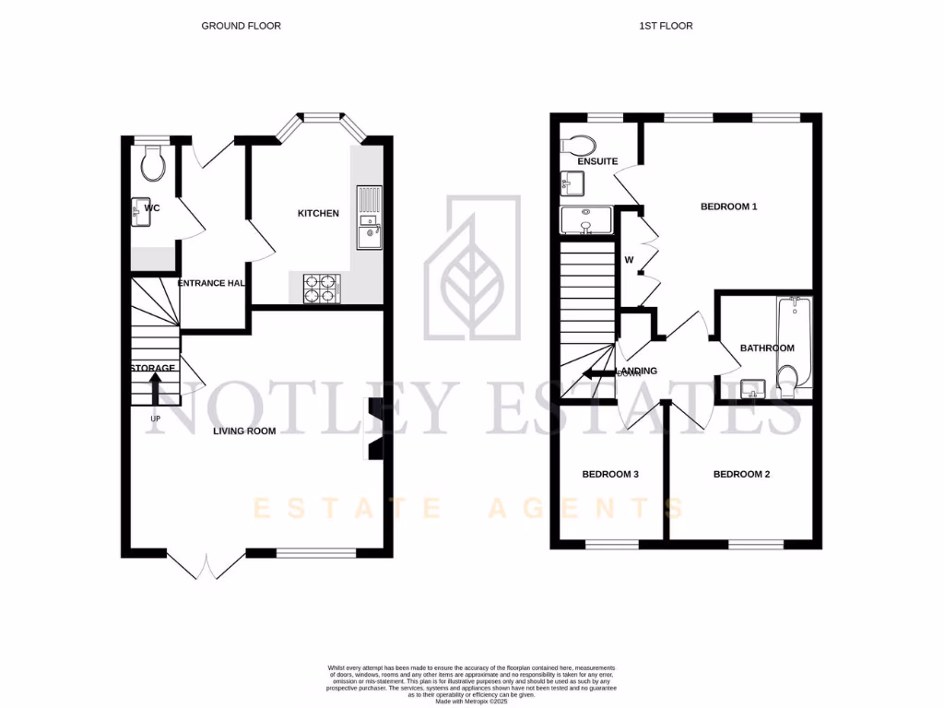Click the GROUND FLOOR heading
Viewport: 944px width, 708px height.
[x=241, y=26]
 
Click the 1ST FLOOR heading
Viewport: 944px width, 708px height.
[x=666, y=26]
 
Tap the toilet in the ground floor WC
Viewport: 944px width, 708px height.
[x=153, y=164]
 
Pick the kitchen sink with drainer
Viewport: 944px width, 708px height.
[x=369, y=218]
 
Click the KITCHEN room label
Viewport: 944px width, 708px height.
[x=318, y=214]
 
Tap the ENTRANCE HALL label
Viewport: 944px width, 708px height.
[x=211, y=283]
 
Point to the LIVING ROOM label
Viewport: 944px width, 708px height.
[x=244, y=431]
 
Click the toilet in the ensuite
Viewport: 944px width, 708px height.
[x=578, y=146]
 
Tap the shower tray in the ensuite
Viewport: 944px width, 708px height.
[x=586, y=220]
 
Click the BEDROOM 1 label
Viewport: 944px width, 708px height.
[x=728, y=206]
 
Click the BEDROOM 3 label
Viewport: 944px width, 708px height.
[x=610, y=475]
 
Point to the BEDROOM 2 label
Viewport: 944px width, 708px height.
[x=741, y=475]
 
